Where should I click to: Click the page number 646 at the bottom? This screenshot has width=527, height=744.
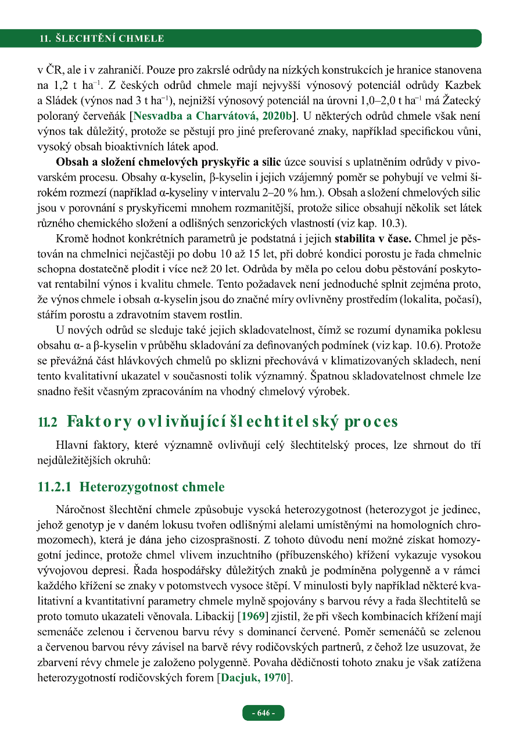pos(263,713)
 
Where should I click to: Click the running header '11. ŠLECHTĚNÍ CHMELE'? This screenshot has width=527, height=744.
pos(102,39)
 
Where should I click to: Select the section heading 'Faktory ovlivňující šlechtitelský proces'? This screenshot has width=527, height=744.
pos(232,421)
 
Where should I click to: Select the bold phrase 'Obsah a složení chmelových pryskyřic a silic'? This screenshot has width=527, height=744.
pos(169,160)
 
